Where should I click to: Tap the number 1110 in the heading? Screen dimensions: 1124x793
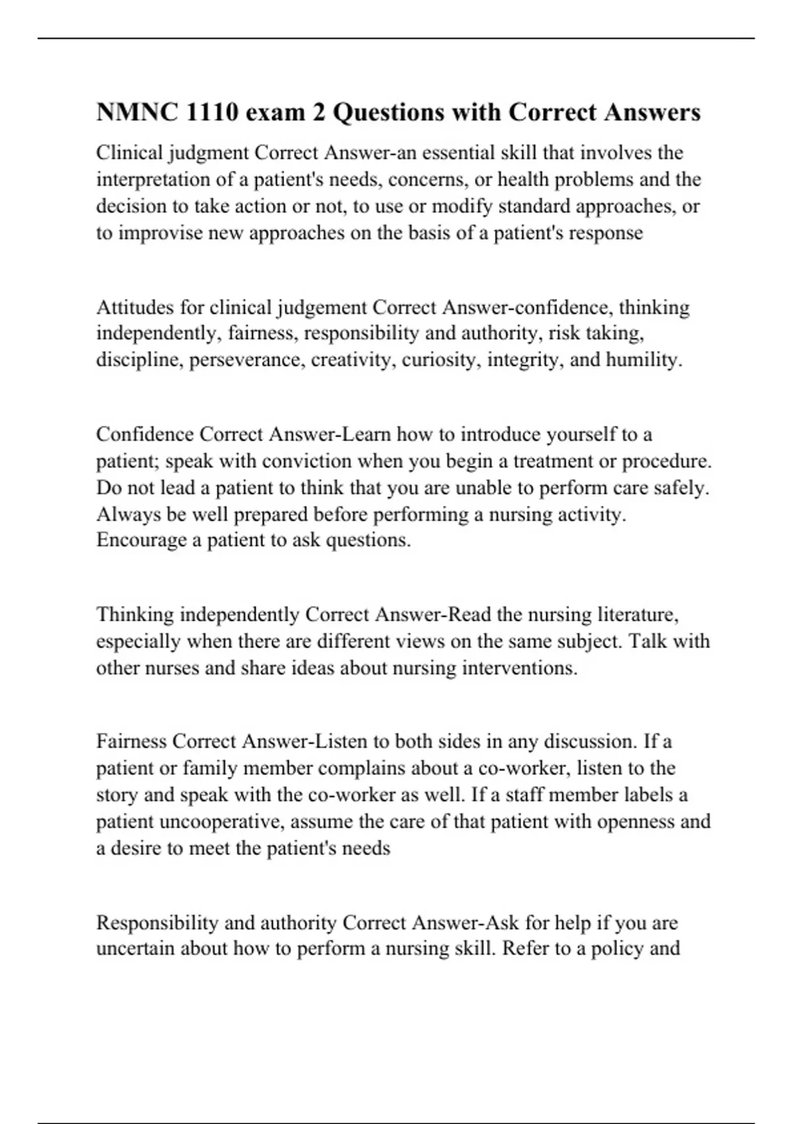212,112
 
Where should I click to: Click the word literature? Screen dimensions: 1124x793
637,615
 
